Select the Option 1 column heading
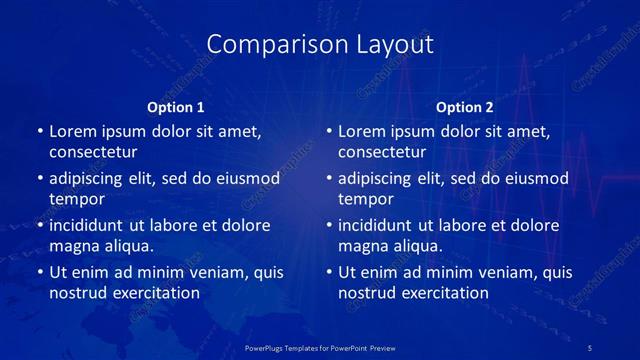[x=175, y=107]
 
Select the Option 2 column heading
[x=465, y=107]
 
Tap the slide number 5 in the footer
[x=590, y=347]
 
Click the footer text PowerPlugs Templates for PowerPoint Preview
[x=320, y=347]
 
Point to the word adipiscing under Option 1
[x=91, y=178]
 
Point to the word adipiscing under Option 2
[x=381, y=178]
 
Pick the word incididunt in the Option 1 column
[x=90, y=225]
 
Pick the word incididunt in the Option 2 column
[x=380, y=225]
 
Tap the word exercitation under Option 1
[x=155, y=293]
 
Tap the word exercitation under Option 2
[x=445, y=293]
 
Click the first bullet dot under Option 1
[x=39, y=132]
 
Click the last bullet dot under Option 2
[x=329, y=272]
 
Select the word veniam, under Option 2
[x=489, y=272]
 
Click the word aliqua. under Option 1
[x=129, y=246]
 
